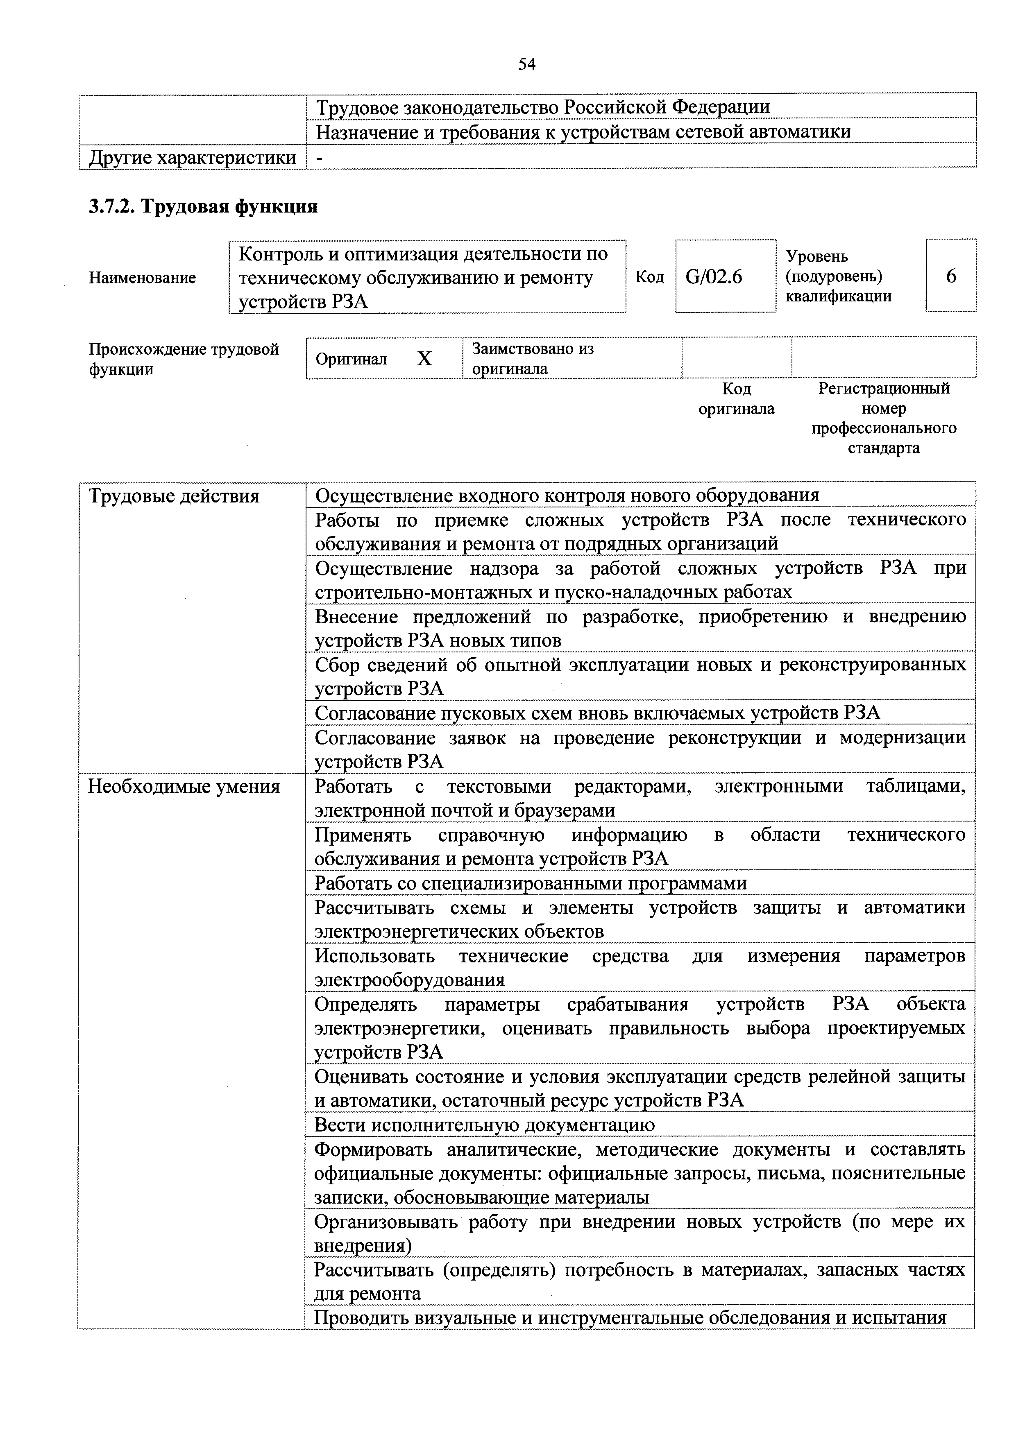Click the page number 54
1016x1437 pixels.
(526, 64)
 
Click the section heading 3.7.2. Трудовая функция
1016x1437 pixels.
(203, 206)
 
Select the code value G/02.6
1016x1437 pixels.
(714, 276)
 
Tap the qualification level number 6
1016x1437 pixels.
(951, 276)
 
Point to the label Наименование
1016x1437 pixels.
(142, 277)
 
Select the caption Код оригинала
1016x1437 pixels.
(736, 399)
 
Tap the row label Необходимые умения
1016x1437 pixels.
(184, 786)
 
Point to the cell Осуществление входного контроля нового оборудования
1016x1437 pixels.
(567, 496)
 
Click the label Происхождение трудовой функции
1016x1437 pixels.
(184, 359)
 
